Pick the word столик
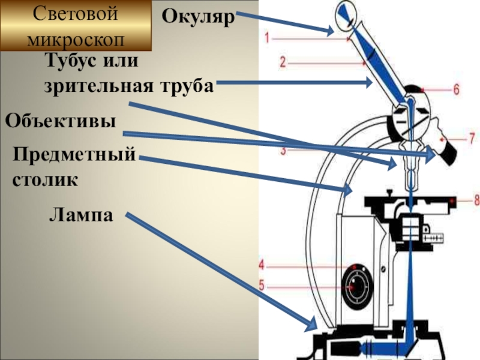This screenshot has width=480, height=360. (x=46, y=179)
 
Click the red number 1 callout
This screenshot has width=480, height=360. (x=268, y=37)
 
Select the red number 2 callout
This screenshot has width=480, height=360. (x=282, y=61)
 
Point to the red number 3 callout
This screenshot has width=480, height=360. (x=284, y=151)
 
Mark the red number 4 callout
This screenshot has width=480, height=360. (x=262, y=264)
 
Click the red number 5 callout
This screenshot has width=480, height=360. (x=262, y=286)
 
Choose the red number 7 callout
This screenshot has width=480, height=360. (x=472, y=137)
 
